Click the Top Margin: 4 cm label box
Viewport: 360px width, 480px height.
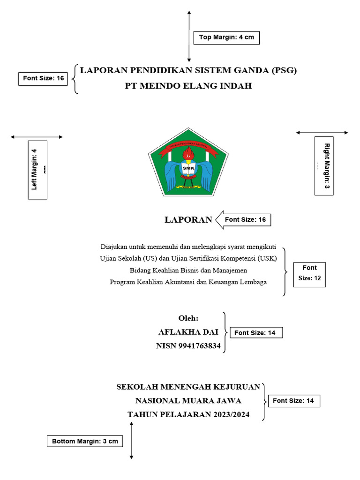[226, 37]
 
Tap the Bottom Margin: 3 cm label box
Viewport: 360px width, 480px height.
[85, 441]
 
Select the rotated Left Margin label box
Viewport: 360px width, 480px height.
[37, 170]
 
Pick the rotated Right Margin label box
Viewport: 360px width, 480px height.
[324, 165]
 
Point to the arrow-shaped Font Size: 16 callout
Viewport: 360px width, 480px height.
[243, 219]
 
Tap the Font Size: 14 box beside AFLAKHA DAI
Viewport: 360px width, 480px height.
[256, 333]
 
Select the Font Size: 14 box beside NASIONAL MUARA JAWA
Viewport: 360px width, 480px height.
[293, 401]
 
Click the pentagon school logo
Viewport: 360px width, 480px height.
[188, 163]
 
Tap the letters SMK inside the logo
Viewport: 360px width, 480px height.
[188, 168]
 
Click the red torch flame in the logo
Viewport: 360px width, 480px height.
[188, 153]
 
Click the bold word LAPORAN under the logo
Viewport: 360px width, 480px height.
[188, 220]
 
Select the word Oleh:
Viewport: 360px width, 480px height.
[188, 319]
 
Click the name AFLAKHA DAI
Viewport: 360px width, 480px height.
[188, 332]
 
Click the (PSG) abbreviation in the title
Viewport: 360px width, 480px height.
[284, 71]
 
